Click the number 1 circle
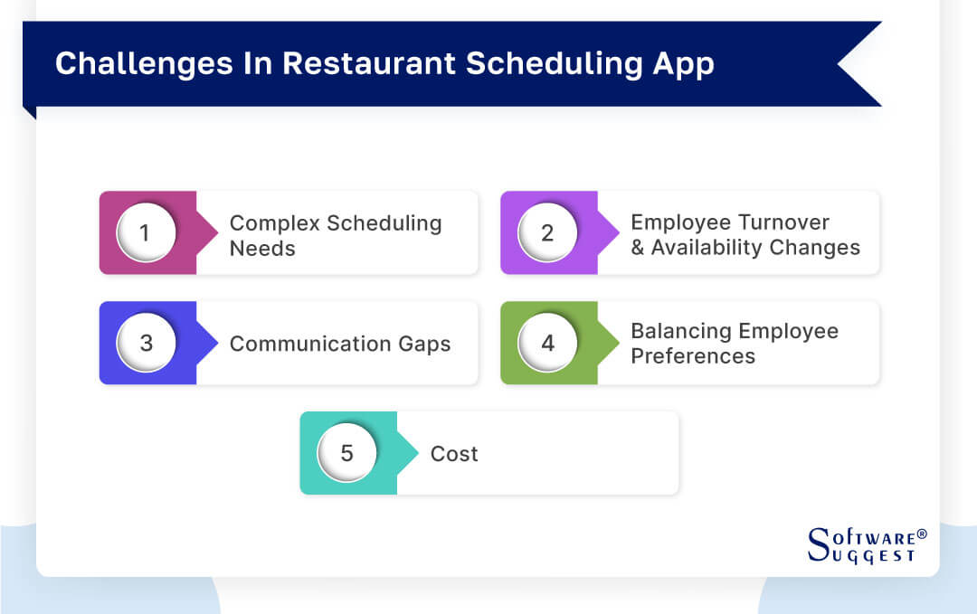point(146,233)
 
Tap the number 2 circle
point(547,233)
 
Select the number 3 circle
point(146,344)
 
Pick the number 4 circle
point(547,344)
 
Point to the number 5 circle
point(346,453)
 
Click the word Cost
point(454,454)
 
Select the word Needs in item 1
point(262,248)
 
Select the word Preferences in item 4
point(693,356)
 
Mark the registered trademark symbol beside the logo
point(922,534)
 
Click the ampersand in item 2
point(638,248)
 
